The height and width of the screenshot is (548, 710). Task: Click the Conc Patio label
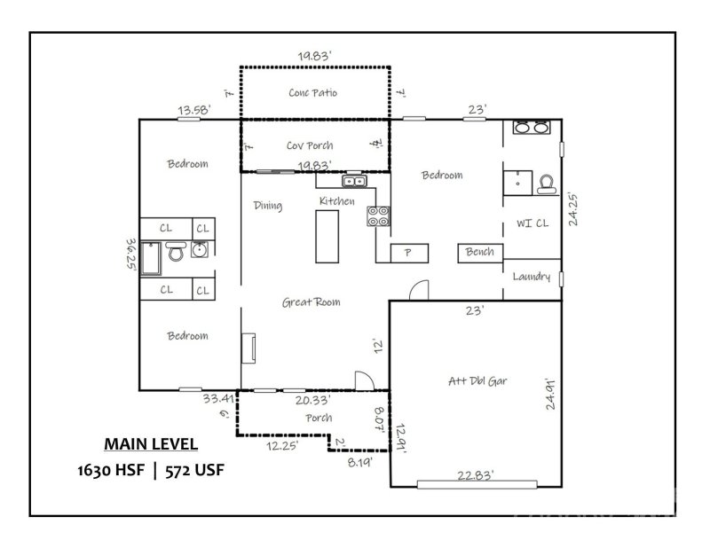[x=312, y=92]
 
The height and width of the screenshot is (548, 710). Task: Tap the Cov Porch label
[x=309, y=145]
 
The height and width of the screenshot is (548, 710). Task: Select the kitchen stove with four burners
[x=378, y=215]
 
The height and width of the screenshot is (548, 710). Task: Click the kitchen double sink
[x=357, y=183]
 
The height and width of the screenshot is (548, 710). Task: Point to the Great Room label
[x=311, y=302]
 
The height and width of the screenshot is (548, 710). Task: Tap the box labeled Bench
[x=479, y=252]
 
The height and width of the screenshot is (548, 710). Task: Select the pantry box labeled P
[x=407, y=253]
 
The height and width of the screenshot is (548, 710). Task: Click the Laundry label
[x=532, y=277]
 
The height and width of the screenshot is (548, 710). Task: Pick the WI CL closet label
[x=532, y=223]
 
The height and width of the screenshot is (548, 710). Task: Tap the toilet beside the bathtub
[x=175, y=253]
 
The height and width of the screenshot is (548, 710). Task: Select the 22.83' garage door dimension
[x=475, y=474]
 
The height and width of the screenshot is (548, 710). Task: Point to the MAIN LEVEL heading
[x=151, y=443]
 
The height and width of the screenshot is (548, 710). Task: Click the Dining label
[x=267, y=206]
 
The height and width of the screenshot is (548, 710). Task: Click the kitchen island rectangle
[x=325, y=237]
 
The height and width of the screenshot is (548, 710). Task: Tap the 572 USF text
[x=191, y=470]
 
